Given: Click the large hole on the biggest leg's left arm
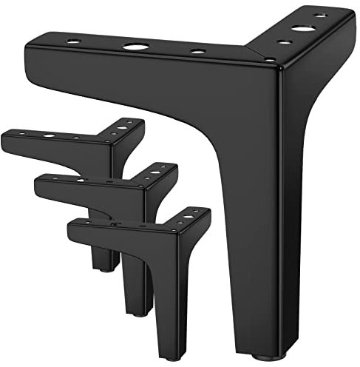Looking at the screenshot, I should pyautogui.click(x=135, y=46).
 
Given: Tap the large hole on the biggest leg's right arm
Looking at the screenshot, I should pyautogui.click(x=302, y=29).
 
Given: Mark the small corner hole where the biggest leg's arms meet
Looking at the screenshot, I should pyautogui.click(x=270, y=59).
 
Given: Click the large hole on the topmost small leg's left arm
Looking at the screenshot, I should pyautogui.click(x=49, y=137).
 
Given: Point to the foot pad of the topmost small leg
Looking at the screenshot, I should pyautogui.click(x=105, y=268).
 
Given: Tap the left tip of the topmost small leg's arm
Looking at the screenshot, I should pyautogui.click(x=4, y=135).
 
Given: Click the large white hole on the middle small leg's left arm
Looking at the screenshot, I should pyautogui.click(x=79, y=178).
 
